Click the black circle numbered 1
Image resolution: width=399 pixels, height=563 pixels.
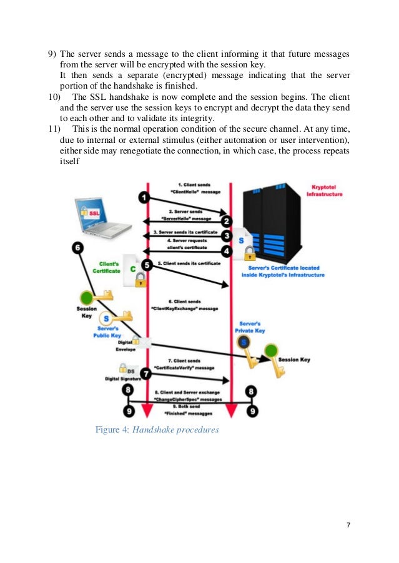click(x=144, y=198)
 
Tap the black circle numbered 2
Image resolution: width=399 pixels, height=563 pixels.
click(x=227, y=221)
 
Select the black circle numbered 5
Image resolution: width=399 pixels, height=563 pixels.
click(x=147, y=265)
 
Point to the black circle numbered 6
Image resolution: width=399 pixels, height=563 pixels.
click(x=78, y=247)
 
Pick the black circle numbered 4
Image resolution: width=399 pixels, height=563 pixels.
click(x=227, y=251)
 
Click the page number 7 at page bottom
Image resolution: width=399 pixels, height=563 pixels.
click(x=348, y=524)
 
